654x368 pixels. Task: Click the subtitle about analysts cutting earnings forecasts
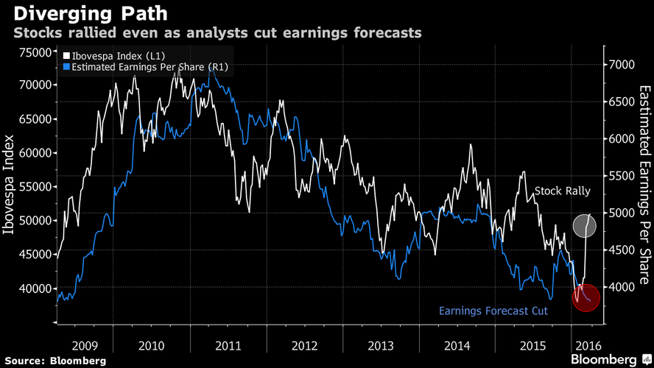pyautogui.click(x=216, y=33)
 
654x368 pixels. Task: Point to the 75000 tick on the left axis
pyautogui.click(x=34, y=52)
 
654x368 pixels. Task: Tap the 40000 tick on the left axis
pyautogui.click(x=34, y=289)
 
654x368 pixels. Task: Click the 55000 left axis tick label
pyautogui.click(x=34, y=187)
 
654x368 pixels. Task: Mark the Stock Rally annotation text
pyautogui.click(x=562, y=191)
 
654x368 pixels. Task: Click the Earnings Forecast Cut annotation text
pyautogui.click(x=493, y=311)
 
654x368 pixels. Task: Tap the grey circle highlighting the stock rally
pyautogui.click(x=587, y=224)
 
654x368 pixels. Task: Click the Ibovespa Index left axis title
pyautogui.click(x=11, y=185)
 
